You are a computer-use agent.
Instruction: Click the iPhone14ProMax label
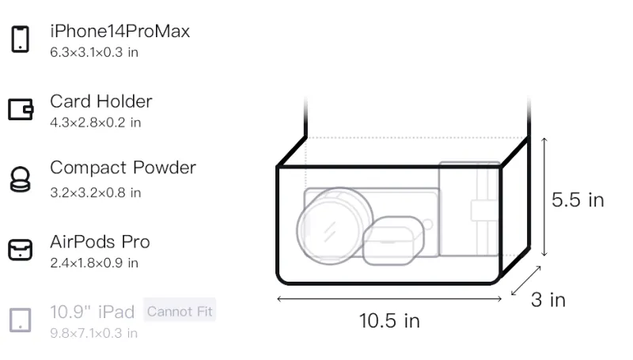point(120,32)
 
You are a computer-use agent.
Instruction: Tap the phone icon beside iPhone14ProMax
point(21,39)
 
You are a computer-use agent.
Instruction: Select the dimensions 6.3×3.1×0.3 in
point(94,52)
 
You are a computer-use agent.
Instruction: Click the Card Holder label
point(101,101)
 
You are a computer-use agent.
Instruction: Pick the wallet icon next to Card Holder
point(21,109)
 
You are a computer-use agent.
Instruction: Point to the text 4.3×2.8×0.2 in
point(95,123)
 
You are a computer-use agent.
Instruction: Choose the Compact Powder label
point(123,168)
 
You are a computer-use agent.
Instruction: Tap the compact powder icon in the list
point(21,179)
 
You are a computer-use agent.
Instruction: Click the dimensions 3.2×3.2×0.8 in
point(95,192)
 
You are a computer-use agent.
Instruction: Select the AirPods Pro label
point(100,242)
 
